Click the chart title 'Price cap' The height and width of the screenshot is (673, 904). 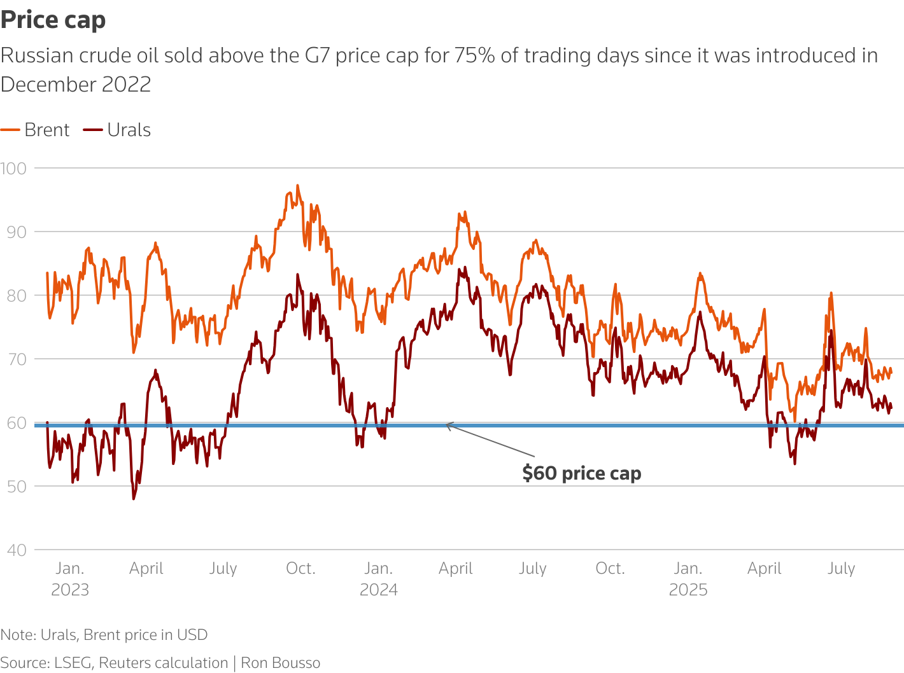53,20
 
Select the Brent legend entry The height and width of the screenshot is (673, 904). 36,130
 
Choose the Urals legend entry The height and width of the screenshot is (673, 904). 118,130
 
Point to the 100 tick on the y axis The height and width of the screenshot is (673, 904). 13,169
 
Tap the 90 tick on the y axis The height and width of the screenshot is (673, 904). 17,232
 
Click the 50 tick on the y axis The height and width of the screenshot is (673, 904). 17,487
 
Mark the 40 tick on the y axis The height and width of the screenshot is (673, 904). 17,550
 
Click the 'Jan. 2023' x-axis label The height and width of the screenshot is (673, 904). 70,579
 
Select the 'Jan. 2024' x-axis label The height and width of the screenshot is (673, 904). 379,579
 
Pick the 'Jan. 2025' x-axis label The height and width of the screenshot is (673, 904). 688,579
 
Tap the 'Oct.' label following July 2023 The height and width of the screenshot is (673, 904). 300,569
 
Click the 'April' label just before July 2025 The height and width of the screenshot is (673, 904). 764,569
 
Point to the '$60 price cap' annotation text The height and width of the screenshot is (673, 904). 582,473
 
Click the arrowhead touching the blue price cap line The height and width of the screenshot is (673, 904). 448,425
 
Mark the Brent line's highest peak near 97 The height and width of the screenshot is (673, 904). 297,186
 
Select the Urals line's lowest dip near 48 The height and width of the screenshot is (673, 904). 134,499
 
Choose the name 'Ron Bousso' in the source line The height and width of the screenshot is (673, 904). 280,663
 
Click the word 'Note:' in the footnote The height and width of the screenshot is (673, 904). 18,635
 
